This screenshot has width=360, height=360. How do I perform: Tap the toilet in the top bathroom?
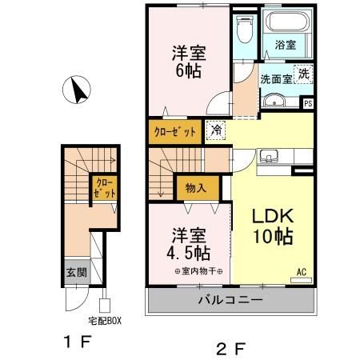point(245,33)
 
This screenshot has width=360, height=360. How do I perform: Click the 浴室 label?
point(286,46)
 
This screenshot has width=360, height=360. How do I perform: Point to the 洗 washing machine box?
point(303,74)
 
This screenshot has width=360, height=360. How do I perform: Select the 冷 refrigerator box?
point(216,129)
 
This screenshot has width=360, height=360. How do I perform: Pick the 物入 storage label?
point(195,189)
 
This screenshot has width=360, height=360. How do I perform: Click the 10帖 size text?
point(272,238)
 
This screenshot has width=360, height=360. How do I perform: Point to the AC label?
point(302,272)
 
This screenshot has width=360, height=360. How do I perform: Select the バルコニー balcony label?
point(230,302)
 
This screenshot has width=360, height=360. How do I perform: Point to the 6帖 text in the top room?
point(189,70)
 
